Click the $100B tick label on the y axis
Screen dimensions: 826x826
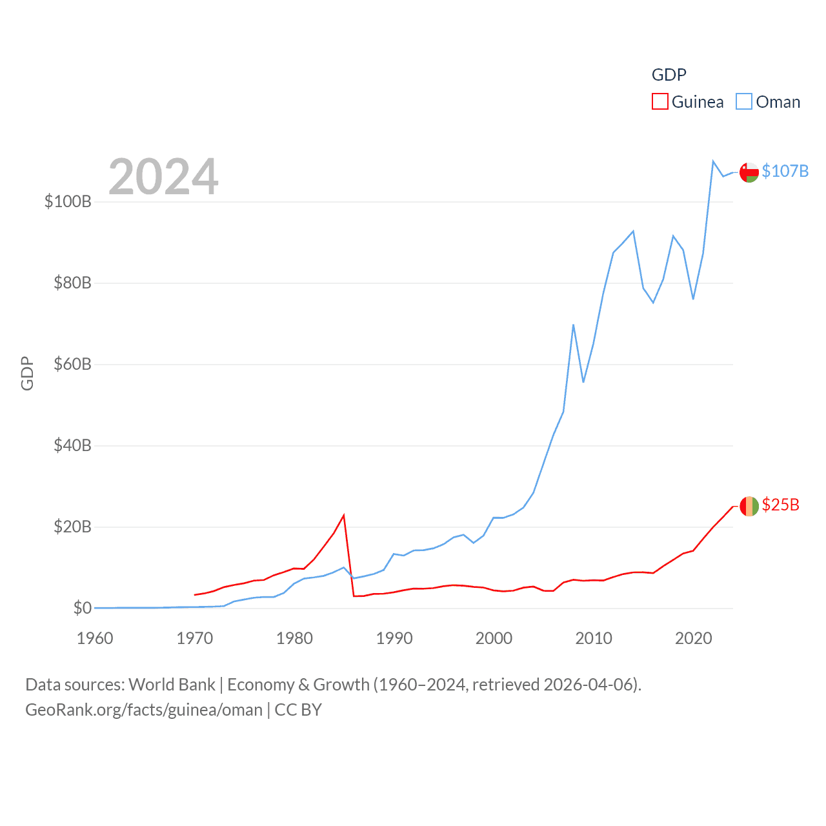68,201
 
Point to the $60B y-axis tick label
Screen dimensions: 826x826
72,364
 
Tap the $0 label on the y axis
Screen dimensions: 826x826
82,608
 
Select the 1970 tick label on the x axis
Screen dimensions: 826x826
195,638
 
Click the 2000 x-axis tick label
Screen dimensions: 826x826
494,638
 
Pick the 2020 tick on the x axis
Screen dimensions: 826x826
694,638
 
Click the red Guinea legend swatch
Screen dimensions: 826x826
660,102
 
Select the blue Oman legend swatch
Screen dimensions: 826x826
744,102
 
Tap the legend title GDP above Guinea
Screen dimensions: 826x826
669,75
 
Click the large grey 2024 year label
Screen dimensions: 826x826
163,177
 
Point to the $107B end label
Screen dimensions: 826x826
785,171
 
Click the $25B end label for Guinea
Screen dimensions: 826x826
780,505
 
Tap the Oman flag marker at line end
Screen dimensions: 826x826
749,172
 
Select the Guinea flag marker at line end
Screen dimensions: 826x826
749,506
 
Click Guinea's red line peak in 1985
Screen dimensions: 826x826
344,515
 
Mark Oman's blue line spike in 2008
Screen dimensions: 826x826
573,325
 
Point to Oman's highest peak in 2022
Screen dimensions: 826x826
713,161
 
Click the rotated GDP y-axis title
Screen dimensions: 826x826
27,373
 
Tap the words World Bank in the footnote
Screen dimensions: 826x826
172,684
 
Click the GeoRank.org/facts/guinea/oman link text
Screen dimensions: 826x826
144,710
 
